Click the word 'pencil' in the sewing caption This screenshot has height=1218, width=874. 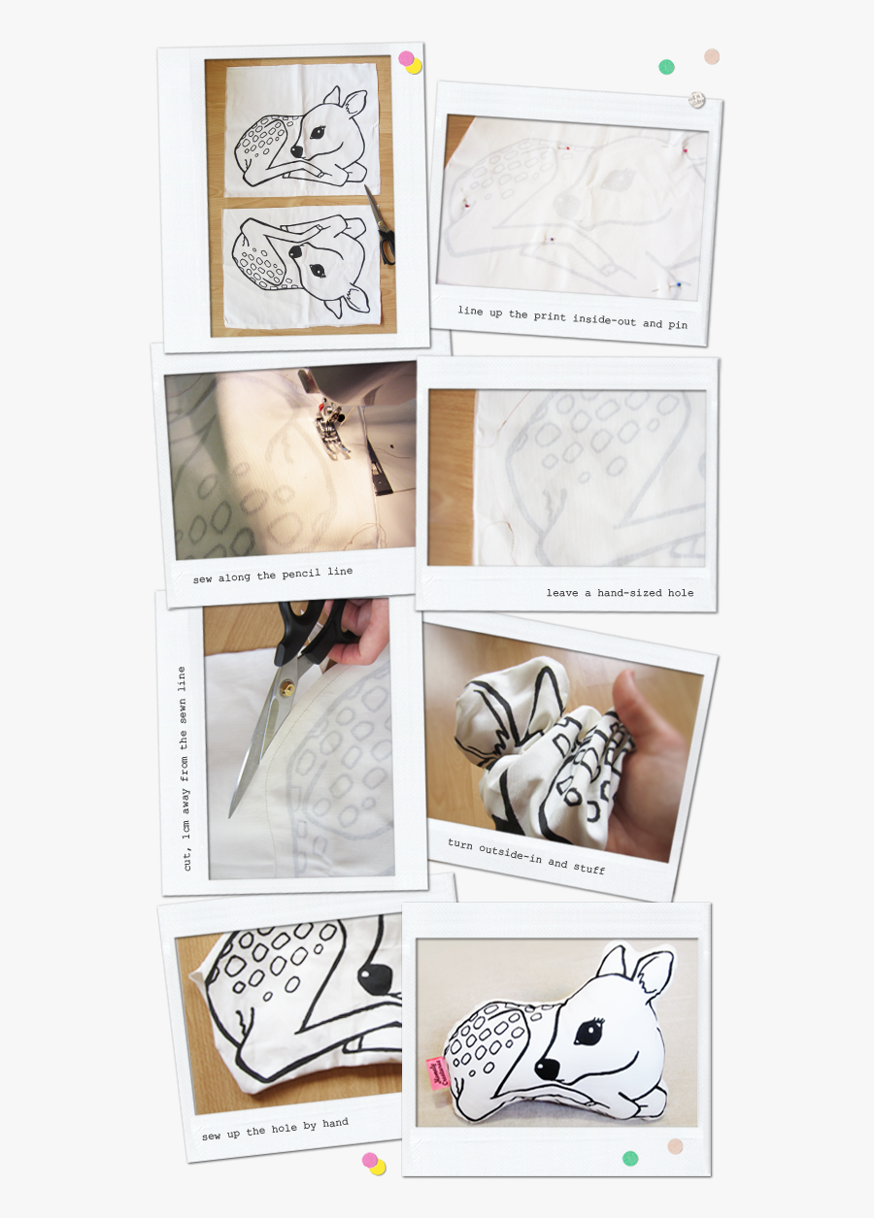pos(300,574)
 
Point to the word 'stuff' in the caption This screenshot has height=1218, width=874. pos(588,869)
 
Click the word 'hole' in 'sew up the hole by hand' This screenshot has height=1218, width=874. pos(285,1128)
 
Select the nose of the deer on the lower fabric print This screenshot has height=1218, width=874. pos(294,251)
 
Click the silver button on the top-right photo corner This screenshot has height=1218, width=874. pos(695,100)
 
